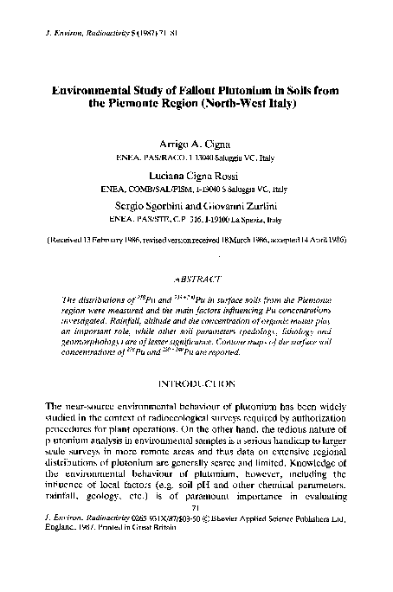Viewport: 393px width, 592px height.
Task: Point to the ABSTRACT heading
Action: point(196,280)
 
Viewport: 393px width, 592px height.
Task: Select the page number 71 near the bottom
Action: point(196,532)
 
